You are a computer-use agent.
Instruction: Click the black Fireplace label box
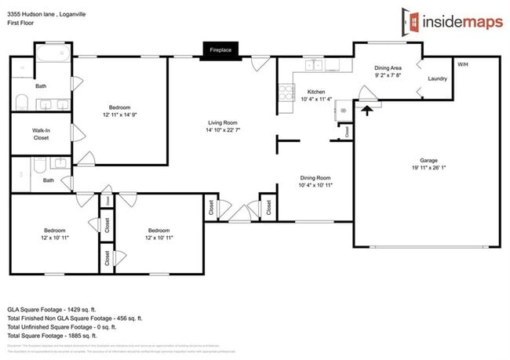coord(220,49)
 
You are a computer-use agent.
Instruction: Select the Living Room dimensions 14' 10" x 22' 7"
coord(223,131)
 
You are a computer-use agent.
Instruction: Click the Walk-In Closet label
coord(40,133)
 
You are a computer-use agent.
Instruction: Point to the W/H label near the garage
coord(463,64)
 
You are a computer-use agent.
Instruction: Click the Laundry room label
coord(437,79)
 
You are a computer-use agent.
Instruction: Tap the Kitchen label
coord(315,91)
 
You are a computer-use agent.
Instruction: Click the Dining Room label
coord(315,177)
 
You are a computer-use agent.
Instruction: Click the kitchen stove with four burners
coord(284,96)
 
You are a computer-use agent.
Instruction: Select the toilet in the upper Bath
coord(21,103)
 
